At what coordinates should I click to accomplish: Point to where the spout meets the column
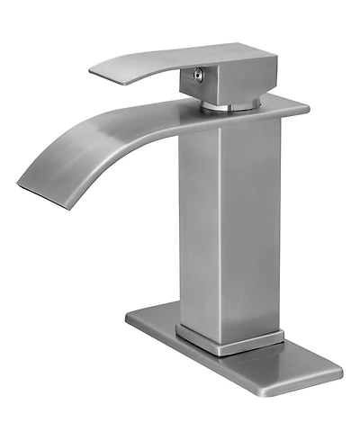click(x=193, y=130)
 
